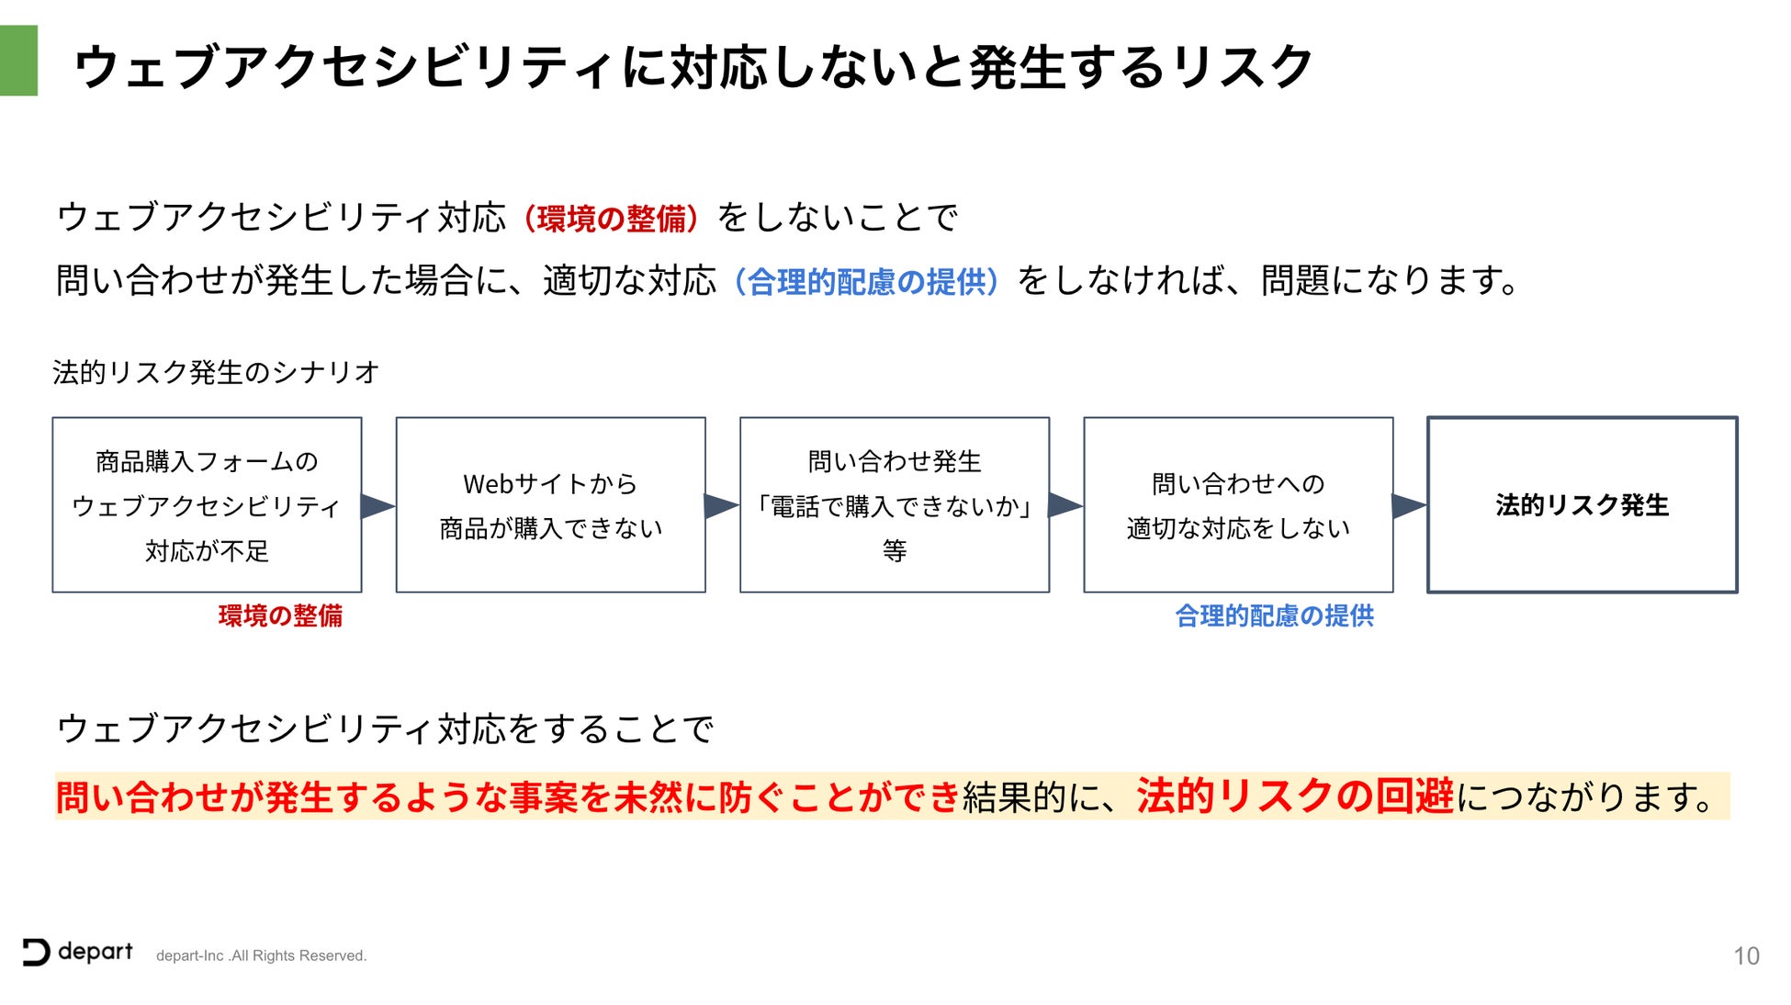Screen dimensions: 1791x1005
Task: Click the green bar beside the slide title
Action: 18,61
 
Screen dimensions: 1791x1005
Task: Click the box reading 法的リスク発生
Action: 1582,504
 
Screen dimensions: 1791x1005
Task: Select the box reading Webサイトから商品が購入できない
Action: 550,504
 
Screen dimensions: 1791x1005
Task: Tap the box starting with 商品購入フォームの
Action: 207,504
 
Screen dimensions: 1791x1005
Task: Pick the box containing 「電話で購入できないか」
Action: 894,504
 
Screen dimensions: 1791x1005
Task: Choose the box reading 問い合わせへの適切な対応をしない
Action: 1237,504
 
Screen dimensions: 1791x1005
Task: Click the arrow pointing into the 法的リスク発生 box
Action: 1409,505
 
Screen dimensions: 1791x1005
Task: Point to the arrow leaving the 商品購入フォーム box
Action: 377,505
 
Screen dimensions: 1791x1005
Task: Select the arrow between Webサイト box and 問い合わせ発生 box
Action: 721,505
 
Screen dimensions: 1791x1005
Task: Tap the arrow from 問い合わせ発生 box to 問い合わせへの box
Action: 1065,505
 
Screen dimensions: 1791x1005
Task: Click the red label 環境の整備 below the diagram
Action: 280,615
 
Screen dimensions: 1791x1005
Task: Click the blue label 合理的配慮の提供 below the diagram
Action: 1274,615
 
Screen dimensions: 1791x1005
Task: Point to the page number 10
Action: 1746,956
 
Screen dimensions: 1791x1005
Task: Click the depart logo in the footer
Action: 78,953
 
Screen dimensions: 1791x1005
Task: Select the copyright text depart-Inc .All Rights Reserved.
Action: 261,956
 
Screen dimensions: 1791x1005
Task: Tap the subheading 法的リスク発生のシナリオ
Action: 216,372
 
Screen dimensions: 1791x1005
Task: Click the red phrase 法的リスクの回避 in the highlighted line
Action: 1295,796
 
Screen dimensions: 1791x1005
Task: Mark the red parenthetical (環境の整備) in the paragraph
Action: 612,219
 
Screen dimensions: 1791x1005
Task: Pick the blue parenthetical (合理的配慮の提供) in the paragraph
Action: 867,282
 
